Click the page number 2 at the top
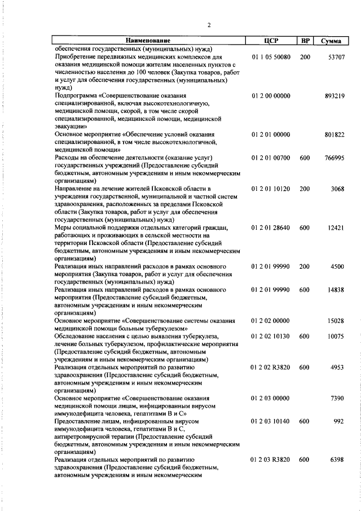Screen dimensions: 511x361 coord(209,25)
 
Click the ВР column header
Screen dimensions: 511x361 coord(305,41)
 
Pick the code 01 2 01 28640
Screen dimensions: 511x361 coord(271,228)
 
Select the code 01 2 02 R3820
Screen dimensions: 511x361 coord(271,366)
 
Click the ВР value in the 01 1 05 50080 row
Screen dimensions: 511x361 coord(305,57)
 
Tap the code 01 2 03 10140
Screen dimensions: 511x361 coord(271,421)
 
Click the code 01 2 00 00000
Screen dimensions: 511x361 coord(271,97)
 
